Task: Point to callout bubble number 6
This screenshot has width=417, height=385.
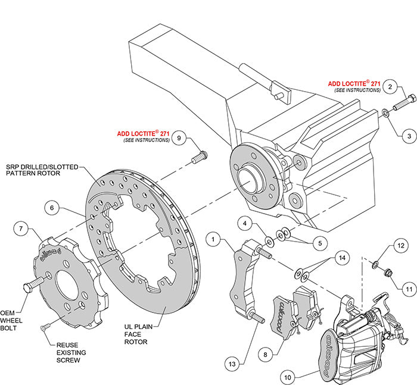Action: pos(52,208)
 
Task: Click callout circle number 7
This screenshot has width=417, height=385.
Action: pos(21,228)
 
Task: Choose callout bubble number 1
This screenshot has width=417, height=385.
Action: pos(212,240)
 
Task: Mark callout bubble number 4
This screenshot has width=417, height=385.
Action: pos(244,224)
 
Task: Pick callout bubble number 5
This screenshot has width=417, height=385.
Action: pos(306,243)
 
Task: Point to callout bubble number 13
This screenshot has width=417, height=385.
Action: pos(234,362)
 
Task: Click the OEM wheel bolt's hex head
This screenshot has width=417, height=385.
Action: pos(29,287)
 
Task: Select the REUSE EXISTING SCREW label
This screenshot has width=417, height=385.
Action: pos(72,352)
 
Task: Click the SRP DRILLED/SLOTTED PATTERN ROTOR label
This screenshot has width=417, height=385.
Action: pos(43,171)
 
